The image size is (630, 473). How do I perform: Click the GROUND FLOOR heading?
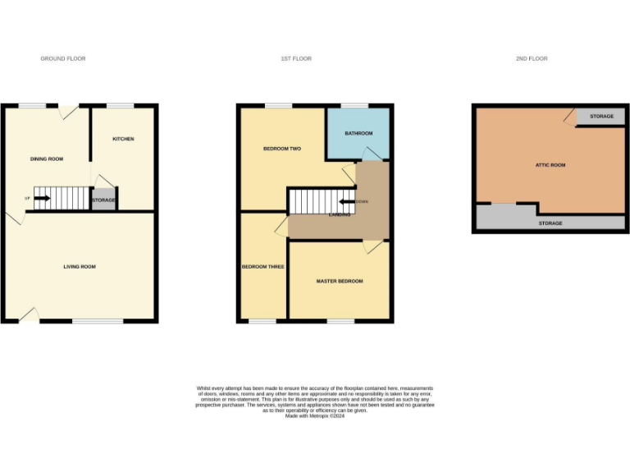[63, 59]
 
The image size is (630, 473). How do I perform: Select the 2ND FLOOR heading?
[532, 59]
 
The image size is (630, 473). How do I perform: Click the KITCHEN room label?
[123, 139]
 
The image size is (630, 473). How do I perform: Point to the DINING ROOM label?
[47, 158]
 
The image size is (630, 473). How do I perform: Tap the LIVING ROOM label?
[80, 267]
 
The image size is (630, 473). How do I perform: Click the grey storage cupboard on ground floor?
[103, 200]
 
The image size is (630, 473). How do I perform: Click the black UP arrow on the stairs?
[42, 198]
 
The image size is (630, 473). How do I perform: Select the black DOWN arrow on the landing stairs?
[347, 201]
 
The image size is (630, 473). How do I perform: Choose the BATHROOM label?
[358, 133]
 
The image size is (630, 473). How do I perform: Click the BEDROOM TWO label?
[282, 149]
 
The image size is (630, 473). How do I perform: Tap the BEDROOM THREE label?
[263, 267]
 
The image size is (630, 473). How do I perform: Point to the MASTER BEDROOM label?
[340, 282]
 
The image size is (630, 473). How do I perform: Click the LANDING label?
[340, 215]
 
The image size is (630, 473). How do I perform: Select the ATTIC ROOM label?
[550, 165]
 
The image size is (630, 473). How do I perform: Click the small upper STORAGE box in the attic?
[601, 117]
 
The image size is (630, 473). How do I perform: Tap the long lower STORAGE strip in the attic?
[550, 223]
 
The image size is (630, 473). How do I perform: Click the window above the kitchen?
[121, 105]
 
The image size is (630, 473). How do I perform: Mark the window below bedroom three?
[262, 320]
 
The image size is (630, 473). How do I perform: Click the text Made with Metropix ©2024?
[314, 416]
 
